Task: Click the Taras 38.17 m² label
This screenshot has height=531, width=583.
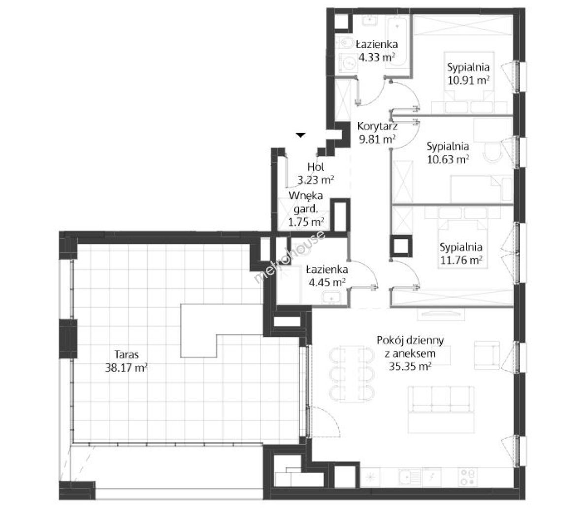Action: coord(127,361)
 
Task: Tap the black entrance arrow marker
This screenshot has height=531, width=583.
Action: coord(300,135)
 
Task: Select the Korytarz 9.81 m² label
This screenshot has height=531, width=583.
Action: coord(377,133)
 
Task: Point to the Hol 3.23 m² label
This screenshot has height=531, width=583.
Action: coord(316,174)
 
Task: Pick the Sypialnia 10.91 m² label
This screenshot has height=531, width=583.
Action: coord(468,74)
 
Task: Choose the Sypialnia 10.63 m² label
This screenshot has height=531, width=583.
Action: coord(448,152)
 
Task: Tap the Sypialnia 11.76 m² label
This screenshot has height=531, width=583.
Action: coord(461,253)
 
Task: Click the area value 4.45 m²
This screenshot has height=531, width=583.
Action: coord(327,282)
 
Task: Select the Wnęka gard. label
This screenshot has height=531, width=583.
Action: coord(306,202)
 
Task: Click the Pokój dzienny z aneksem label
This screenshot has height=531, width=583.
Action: coord(410,347)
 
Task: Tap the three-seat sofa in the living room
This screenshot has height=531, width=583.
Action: coord(441,409)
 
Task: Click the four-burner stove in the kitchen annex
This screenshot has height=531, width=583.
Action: coord(468,477)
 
